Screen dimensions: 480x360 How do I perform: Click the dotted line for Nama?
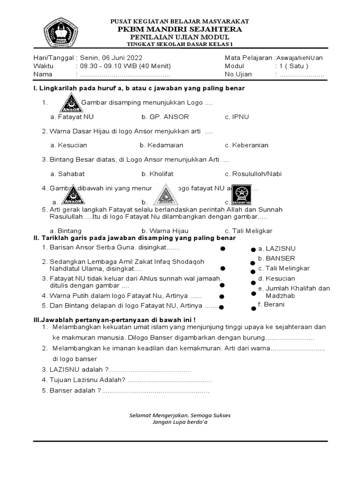click(x=125, y=74)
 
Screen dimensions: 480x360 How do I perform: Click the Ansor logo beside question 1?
click(x=71, y=103)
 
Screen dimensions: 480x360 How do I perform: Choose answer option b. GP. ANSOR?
click(x=161, y=117)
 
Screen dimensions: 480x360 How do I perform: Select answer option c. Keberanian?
click(x=247, y=145)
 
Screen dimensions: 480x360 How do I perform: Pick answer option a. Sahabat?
click(x=67, y=174)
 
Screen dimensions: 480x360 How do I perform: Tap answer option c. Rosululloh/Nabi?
click(x=253, y=174)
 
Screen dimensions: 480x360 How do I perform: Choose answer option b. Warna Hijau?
click(x=165, y=231)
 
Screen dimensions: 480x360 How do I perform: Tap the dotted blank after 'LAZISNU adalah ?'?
click(x=150, y=370)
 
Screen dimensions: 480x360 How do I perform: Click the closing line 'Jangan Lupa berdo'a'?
click(x=180, y=422)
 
